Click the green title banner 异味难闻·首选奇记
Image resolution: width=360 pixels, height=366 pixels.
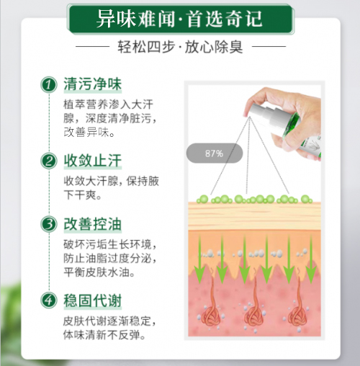click(181, 19)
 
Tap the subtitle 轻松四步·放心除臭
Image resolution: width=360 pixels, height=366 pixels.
click(180, 47)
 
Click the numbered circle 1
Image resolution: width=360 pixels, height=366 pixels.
click(49, 85)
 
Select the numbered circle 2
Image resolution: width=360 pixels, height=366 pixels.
click(49, 161)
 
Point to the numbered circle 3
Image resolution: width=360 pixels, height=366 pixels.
click(49, 224)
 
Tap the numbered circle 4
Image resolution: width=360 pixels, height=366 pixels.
click(49, 300)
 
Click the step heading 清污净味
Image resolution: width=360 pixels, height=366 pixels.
click(93, 84)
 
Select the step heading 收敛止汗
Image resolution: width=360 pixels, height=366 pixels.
click(93, 161)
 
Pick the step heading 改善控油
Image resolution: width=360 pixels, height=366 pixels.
click(93, 224)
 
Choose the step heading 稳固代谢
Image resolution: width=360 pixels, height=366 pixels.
click(93, 300)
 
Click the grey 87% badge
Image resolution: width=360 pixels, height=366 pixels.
click(215, 153)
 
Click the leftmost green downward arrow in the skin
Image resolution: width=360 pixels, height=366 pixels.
click(199, 259)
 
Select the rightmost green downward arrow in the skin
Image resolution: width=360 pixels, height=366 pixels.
click(311, 259)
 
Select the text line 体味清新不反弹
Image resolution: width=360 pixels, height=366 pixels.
click(104, 334)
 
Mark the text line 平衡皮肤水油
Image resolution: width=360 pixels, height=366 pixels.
click(99, 272)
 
